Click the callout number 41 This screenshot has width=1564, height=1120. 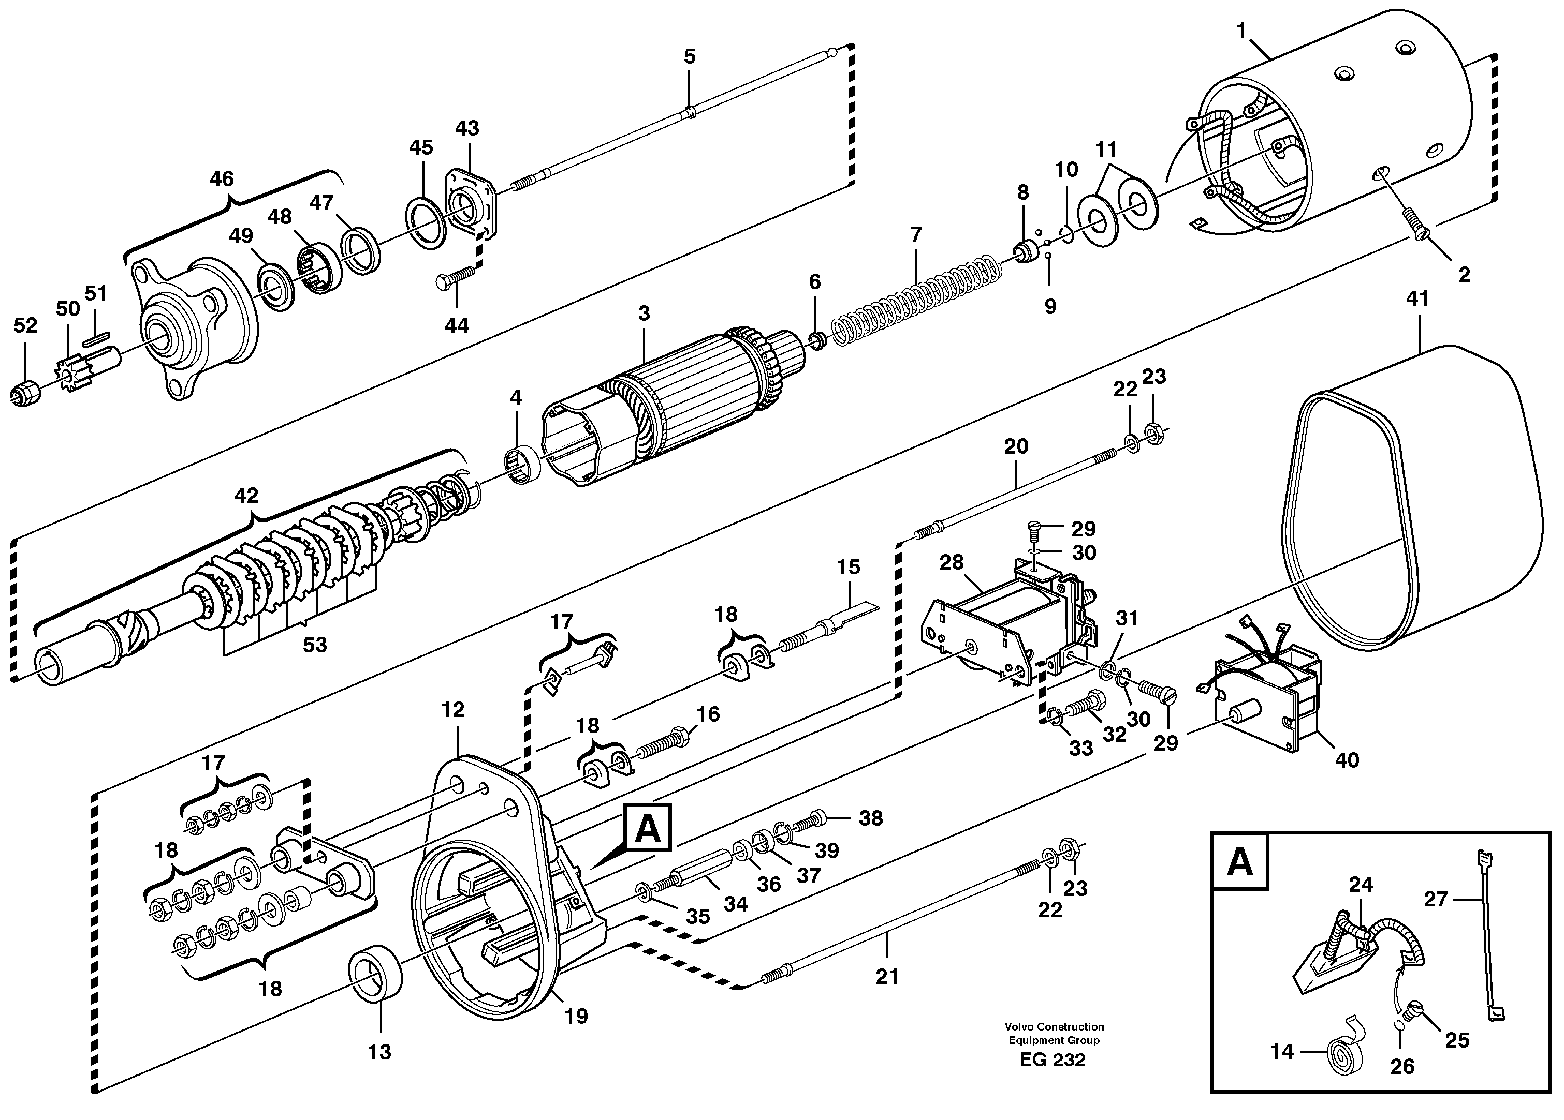[1417, 299]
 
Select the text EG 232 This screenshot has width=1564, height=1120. [1053, 1060]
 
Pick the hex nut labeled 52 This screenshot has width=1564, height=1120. [25, 394]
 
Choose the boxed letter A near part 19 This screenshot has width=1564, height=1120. [646, 829]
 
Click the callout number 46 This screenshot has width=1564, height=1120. [222, 179]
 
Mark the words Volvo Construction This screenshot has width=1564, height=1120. [1054, 1027]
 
